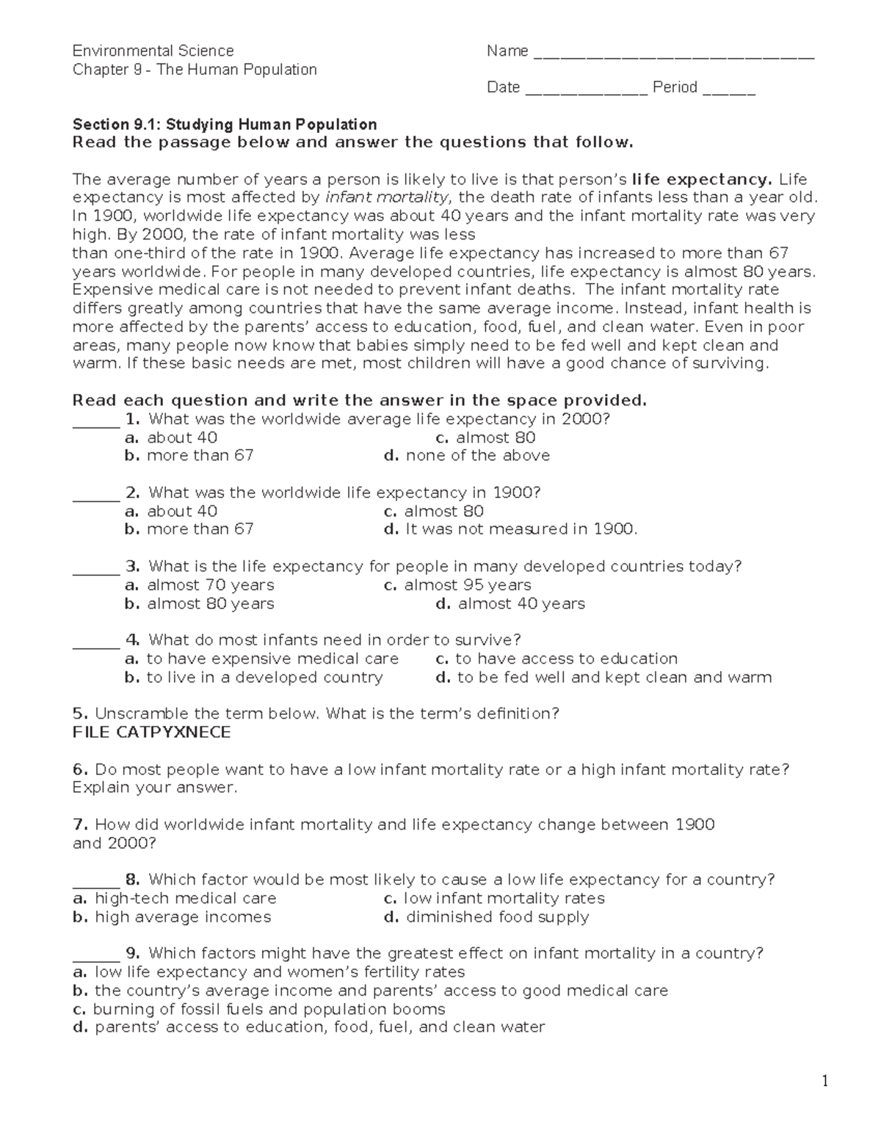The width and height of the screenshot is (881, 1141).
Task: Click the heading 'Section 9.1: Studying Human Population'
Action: click(225, 124)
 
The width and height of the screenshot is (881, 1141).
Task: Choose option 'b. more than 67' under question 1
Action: click(189, 456)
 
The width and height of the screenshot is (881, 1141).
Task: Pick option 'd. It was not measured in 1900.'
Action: click(510, 529)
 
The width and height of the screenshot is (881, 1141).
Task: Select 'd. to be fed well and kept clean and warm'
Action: click(603, 677)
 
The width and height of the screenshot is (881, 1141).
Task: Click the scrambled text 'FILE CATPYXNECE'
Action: click(151, 733)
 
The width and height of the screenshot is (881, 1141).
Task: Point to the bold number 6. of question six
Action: click(80, 769)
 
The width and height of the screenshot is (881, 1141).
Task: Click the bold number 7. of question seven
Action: click(80, 824)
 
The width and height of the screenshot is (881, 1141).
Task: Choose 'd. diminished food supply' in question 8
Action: click(486, 917)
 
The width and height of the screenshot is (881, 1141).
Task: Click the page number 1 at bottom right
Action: click(824, 1081)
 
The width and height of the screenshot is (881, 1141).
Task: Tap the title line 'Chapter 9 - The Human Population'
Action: click(195, 70)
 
